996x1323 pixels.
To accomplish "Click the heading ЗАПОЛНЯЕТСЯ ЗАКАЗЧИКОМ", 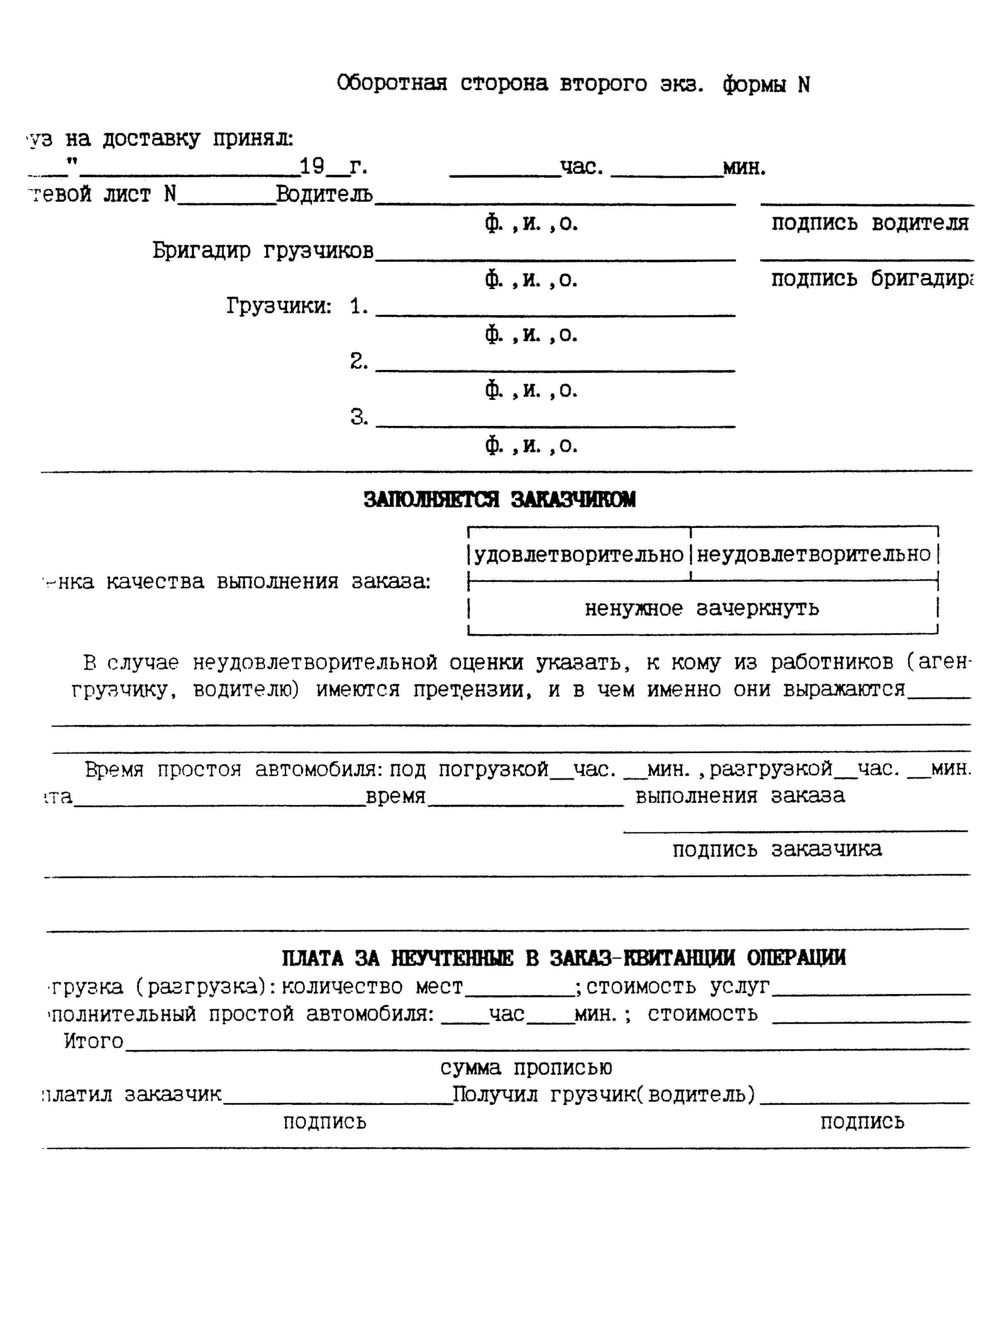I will (499, 499).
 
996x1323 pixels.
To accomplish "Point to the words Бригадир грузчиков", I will (263, 250).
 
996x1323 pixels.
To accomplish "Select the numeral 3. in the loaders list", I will (359, 417).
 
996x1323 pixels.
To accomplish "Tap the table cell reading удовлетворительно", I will (578, 555).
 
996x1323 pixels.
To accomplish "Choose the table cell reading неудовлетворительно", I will (813, 554).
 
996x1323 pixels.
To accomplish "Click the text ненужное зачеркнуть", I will (701, 608).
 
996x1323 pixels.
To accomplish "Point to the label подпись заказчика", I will (777, 849).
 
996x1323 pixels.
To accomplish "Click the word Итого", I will (94, 1041).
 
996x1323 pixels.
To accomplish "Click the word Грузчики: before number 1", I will (279, 306).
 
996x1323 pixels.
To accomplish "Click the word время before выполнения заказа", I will (395, 796).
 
